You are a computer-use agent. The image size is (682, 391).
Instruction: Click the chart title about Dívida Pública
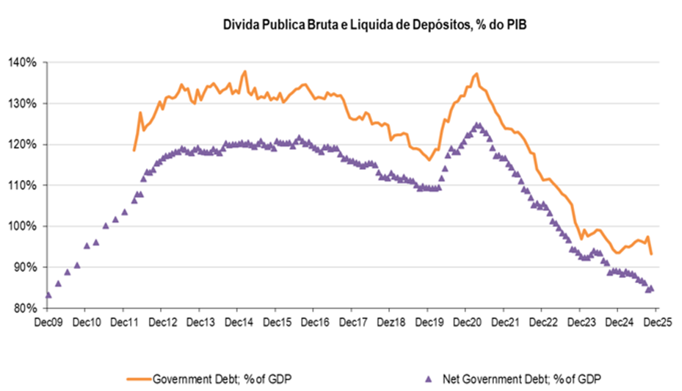click(375, 26)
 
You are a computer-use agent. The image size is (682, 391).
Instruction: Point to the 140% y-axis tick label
click(23, 62)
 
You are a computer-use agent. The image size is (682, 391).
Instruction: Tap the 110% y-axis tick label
click(23, 185)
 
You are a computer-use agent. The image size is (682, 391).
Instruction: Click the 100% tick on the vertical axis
click(23, 226)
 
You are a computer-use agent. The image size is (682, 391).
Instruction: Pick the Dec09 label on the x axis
click(48, 322)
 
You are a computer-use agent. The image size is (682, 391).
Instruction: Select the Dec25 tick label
click(655, 322)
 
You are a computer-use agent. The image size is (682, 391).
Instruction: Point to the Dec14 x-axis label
click(238, 322)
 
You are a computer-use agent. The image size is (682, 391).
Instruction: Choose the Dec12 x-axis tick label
click(162, 322)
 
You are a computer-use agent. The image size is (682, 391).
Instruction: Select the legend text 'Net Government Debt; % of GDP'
click(520, 379)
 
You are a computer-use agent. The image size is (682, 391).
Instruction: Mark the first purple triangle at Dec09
click(48, 295)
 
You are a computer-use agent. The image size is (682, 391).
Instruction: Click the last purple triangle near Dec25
click(651, 288)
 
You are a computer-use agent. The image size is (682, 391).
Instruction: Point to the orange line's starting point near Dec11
click(134, 150)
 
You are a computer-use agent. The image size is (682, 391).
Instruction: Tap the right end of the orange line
click(652, 254)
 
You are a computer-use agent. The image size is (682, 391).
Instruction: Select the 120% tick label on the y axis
click(23, 145)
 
